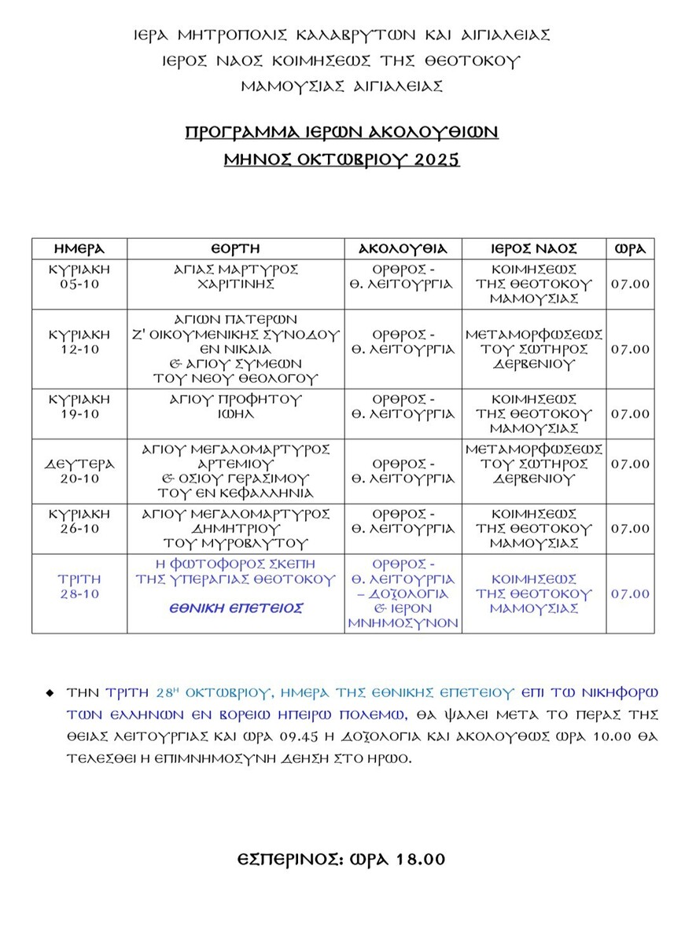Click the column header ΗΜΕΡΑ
point(79,248)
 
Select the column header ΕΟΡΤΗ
point(236,248)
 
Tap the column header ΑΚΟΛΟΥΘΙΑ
point(403,248)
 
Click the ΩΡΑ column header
point(630,248)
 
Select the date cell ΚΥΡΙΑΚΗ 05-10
point(79,277)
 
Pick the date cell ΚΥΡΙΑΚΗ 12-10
point(79,341)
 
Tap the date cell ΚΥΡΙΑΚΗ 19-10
point(79,406)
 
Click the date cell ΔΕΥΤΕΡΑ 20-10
point(79,471)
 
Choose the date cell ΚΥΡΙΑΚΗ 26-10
point(79,521)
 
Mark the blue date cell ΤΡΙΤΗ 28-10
point(79,586)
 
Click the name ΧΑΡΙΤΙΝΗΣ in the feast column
point(236,284)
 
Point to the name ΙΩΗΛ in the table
point(236,413)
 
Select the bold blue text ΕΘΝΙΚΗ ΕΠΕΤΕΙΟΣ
point(236,607)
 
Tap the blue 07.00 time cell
point(630,594)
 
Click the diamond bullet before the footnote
point(50,693)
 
